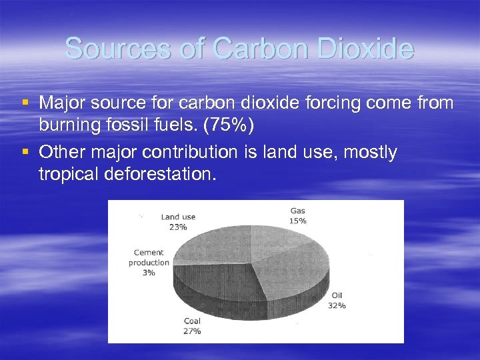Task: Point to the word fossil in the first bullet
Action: [139, 123]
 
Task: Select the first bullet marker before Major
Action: [25, 103]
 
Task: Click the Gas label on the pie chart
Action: [297, 211]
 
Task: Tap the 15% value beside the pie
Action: [297, 221]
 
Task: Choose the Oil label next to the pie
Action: [337, 296]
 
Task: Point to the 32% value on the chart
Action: [337, 305]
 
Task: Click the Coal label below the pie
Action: [192, 321]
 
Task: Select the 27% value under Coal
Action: [192, 331]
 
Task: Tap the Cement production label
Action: [149, 258]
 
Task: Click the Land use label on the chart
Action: [178, 217]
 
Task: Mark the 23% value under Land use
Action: [178, 227]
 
